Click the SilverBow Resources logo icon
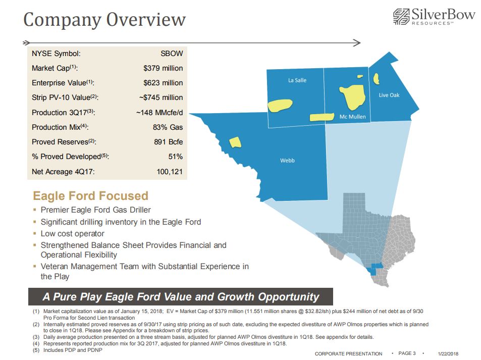coord(401,17)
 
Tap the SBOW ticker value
coord(172,54)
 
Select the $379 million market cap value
coord(163,68)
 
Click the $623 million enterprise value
coord(163,83)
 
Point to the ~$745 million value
coord(161,97)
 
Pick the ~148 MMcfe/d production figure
coord(159,112)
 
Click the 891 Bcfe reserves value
coord(169,142)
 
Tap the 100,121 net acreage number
coord(170,172)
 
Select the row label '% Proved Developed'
coord(70,157)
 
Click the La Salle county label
coord(297,80)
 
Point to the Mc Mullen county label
coord(352,117)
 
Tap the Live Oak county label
coord(389,95)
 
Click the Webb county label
coord(287,161)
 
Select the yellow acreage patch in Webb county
coord(234,142)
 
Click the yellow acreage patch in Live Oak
coord(376,79)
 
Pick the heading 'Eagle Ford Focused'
coord(90,196)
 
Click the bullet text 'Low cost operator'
coord(72,234)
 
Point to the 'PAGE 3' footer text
coord(407,353)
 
